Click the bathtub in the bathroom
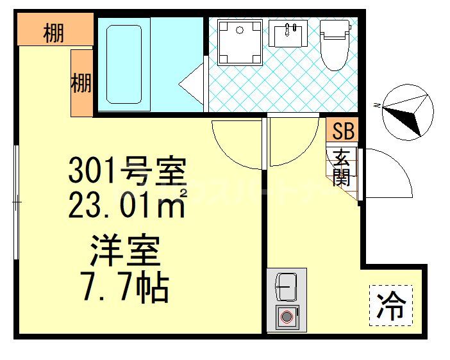coord(123,63)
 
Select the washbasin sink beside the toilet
coord(288,33)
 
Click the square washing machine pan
coord(240,42)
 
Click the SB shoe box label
coord(342,131)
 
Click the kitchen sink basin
coord(287,286)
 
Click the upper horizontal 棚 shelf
coord(54,31)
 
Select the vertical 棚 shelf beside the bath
coord(81,83)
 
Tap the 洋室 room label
coord(125,252)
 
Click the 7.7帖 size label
coord(125,288)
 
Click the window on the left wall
coord(17,202)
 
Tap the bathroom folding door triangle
coord(192,84)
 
